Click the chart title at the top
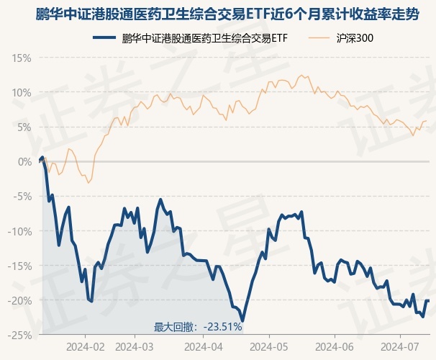[x=218, y=14]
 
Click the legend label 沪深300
[x=355, y=37]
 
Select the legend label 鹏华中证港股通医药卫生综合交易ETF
[x=205, y=37]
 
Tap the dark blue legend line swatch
[x=105, y=37]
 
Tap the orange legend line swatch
[x=319, y=37]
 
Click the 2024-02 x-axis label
[x=84, y=346]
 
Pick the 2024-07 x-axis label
[x=400, y=346]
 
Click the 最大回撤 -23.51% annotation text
[x=197, y=326]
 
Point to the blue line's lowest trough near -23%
[x=243, y=320]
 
